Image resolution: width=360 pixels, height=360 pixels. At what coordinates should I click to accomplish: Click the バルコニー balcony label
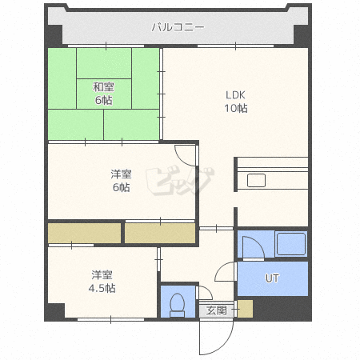click(178, 27)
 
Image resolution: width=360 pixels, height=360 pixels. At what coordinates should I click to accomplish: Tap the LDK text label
click(235, 95)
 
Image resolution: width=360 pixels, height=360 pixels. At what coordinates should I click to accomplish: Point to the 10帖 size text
click(236, 108)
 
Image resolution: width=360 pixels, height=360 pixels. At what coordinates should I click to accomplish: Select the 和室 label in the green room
click(103, 87)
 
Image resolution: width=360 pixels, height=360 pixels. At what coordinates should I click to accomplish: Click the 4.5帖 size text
click(102, 288)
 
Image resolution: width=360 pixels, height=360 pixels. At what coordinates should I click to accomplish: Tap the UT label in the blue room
click(272, 278)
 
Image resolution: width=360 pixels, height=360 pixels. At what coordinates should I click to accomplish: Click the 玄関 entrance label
click(216, 310)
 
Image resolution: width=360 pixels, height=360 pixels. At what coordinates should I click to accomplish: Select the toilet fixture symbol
click(178, 305)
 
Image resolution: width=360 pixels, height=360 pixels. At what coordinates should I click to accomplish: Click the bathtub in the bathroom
click(291, 244)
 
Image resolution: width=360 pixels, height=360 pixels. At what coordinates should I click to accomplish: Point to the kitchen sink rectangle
click(256, 181)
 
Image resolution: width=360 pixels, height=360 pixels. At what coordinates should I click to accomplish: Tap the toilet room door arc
click(206, 292)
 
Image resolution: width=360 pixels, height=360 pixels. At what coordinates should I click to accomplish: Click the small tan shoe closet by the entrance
click(245, 309)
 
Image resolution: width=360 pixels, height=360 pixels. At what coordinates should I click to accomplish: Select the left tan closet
click(85, 233)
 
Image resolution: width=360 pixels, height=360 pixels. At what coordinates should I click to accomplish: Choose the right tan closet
click(160, 233)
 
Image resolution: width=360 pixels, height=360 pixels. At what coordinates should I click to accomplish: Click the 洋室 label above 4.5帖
click(102, 275)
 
